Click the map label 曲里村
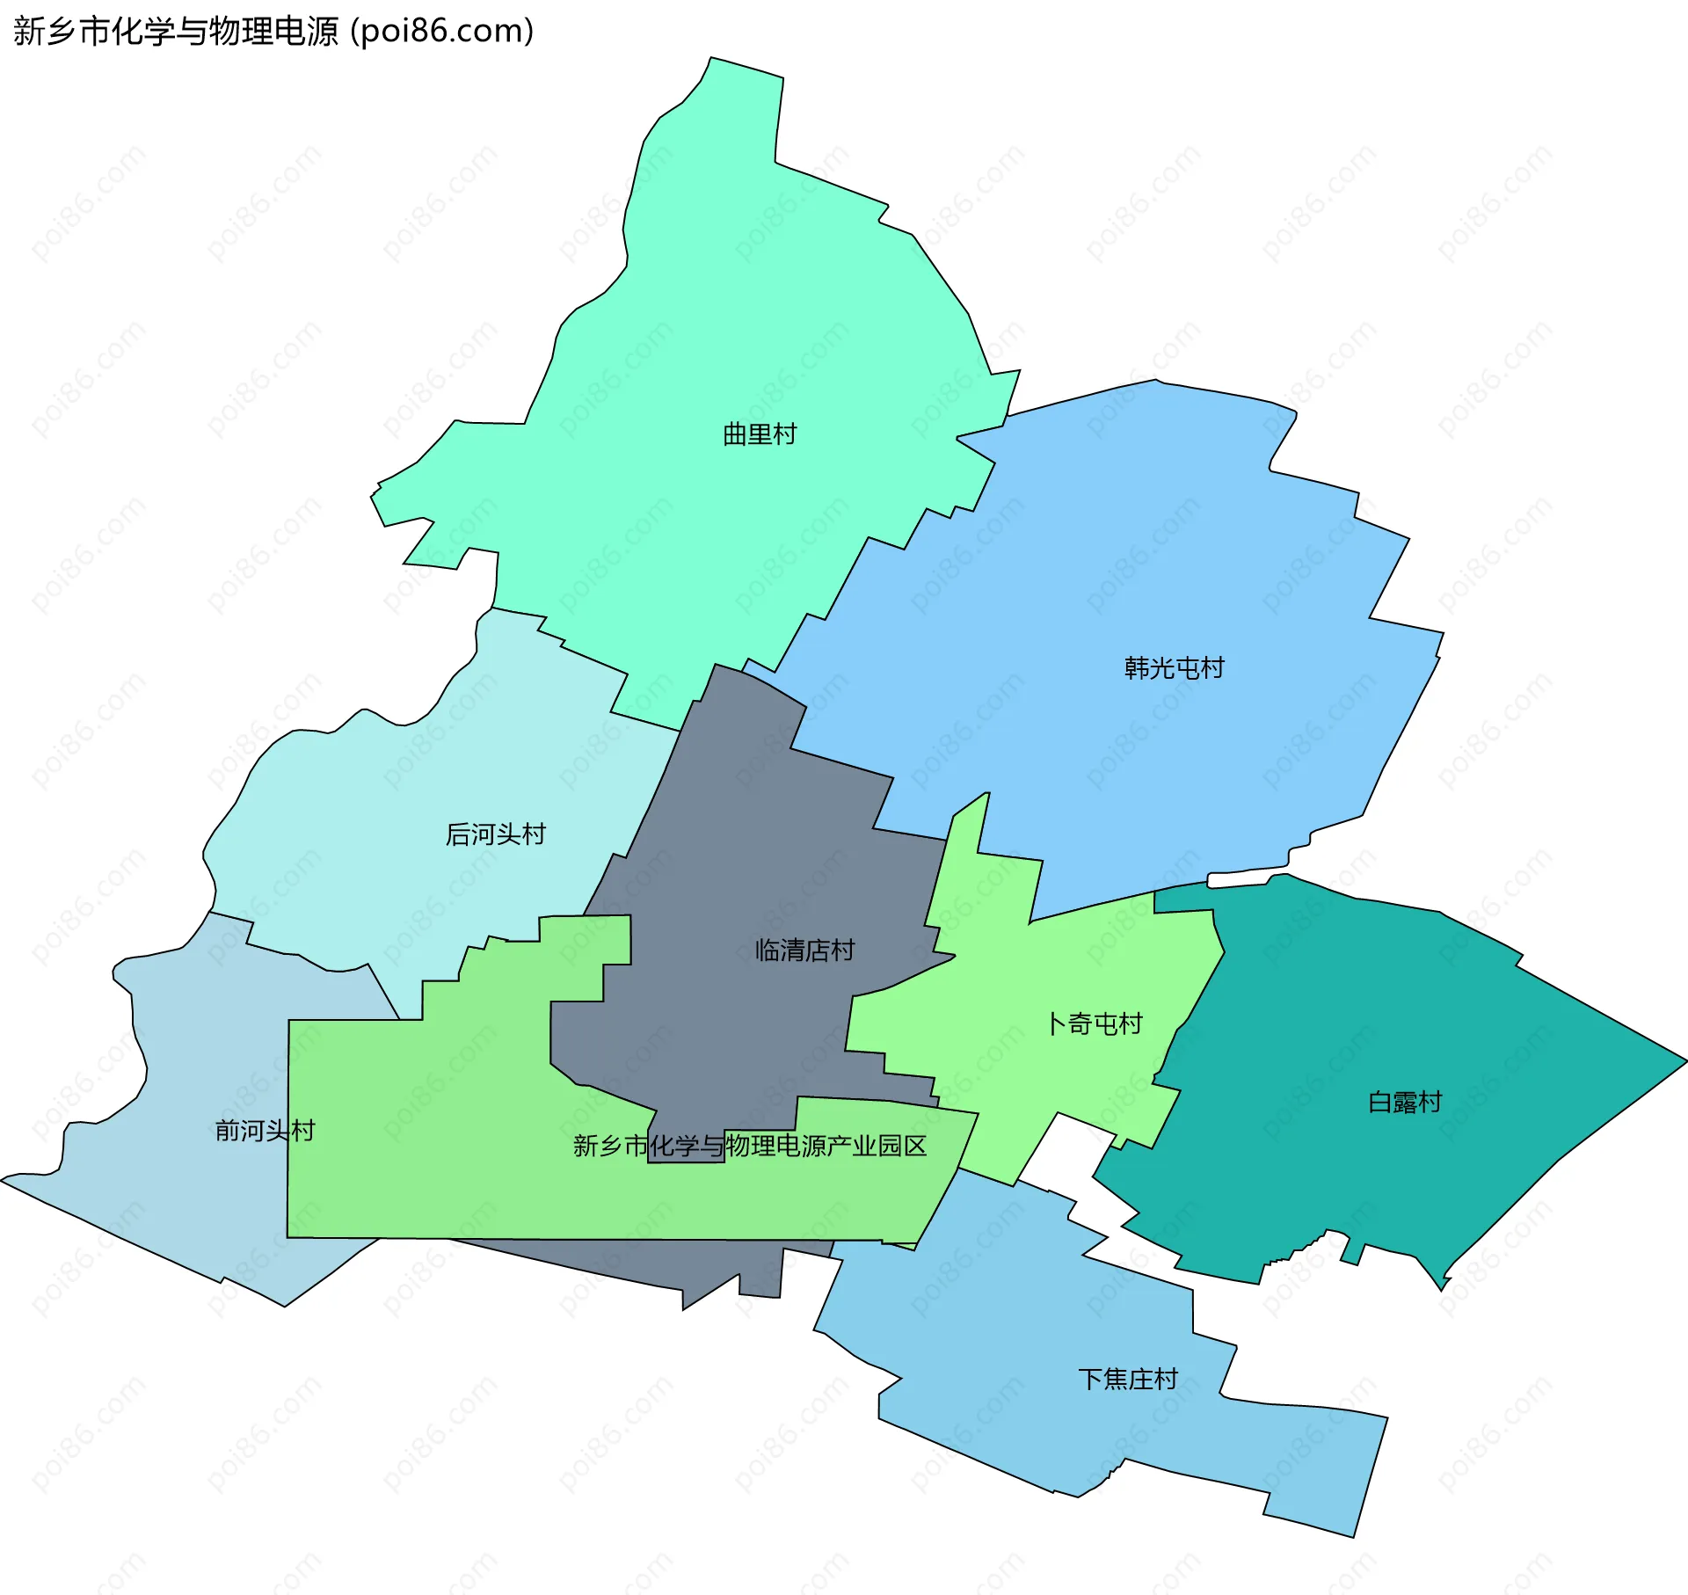click(759, 434)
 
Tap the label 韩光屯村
click(1174, 668)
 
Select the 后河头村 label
click(496, 834)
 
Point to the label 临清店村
click(804, 950)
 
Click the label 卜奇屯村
click(1095, 1023)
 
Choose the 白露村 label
click(1405, 1102)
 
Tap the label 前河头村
click(265, 1131)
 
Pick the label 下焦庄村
click(1128, 1379)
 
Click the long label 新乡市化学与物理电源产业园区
click(750, 1146)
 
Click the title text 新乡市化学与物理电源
click(176, 32)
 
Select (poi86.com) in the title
click(442, 32)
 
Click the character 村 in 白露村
click(1430, 1102)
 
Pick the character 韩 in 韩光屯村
click(1137, 668)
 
